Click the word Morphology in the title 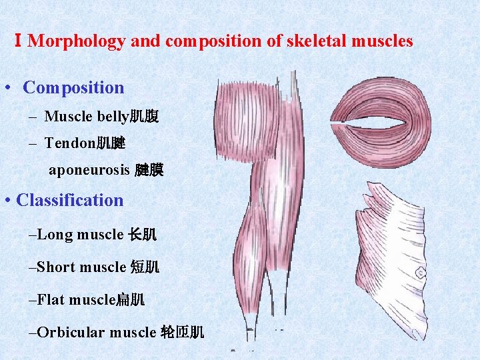tap(77, 41)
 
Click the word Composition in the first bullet tap(73, 87)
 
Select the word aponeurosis tap(89, 170)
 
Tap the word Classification tap(70, 200)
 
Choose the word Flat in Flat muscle tap(51, 299)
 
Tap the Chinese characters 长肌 tap(142, 235)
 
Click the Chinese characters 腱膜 tap(149, 171)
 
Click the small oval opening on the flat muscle tap(421, 273)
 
